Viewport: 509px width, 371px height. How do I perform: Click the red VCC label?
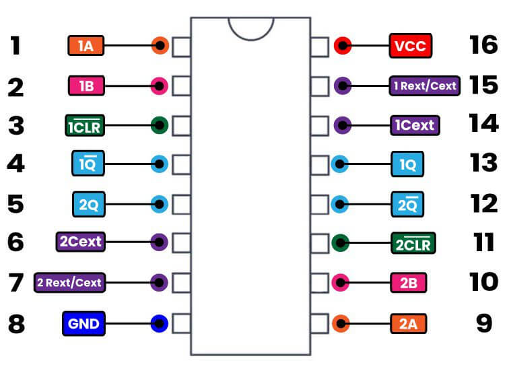pyautogui.click(x=411, y=46)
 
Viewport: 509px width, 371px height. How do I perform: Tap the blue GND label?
pyautogui.click(x=83, y=324)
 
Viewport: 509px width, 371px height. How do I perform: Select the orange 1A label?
pyautogui.click(x=85, y=46)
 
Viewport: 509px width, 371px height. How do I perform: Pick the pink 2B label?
pyautogui.click(x=409, y=283)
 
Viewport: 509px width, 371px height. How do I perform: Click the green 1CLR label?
pyautogui.click(x=84, y=125)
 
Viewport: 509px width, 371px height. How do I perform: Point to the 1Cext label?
pyautogui.click(x=415, y=125)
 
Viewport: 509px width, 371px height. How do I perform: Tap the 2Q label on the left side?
pyautogui.click(x=88, y=203)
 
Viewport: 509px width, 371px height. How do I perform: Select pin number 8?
pyautogui.click(x=16, y=324)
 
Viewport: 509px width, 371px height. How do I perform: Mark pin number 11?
pyautogui.click(x=483, y=242)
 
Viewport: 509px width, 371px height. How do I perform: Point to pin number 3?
pyautogui.click(x=16, y=125)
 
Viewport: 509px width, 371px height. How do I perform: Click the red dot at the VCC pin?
pyautogui.click(x=343, y=46)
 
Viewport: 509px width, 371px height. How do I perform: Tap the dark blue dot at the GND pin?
pyautogui.click(x=160, y=324)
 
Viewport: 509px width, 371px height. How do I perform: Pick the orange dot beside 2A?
pyautogui.click(x=341, y=324)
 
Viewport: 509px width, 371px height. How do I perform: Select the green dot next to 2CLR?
pyautogui.click(x=341, y=242)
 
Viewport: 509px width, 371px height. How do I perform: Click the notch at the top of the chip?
pyautogui.click(x=250, y=27)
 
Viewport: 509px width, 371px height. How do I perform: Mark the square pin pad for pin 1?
pyautogui.click(x=182, y=47)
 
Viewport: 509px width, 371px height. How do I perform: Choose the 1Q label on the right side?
pyautogui.click(x=408, y=164)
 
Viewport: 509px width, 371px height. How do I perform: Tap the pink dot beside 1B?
pyautogui.click(x=160, y=86)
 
